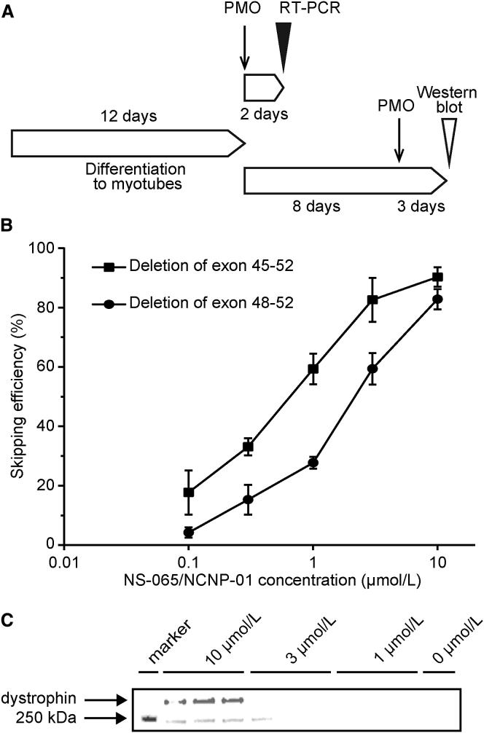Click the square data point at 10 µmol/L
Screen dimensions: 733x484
click(x=437, y=277)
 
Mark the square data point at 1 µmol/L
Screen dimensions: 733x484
click(x=313, y=369)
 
